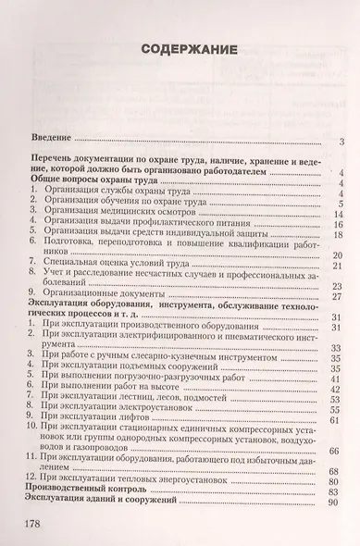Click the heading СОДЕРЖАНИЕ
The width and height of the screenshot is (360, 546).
(180, 49)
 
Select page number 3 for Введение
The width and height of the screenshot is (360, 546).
(341, 142)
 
